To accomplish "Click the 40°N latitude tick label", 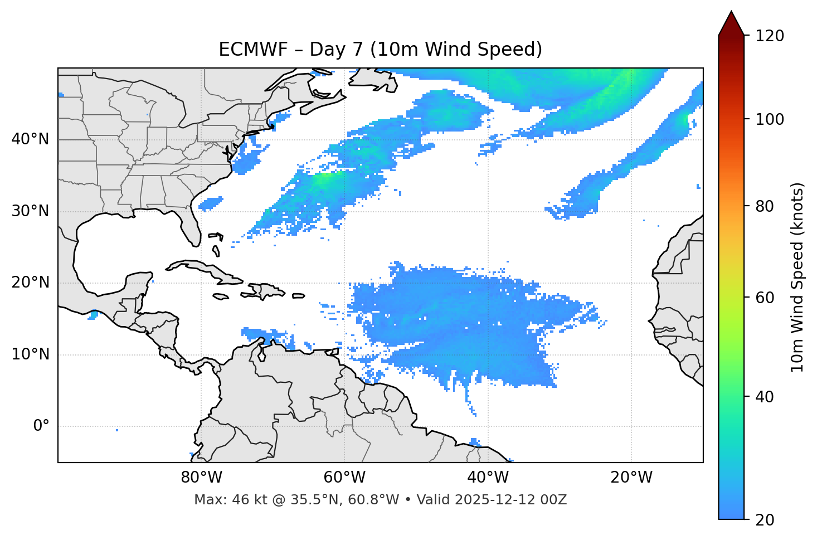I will [30, 139].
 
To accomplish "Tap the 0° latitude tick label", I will [41, 426].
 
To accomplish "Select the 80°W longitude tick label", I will [201, 478].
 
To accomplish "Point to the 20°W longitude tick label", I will [631, 478].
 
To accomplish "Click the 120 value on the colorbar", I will [770, 36].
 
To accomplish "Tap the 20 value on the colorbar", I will [765, 520].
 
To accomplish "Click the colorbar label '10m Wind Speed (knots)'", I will [797, 277].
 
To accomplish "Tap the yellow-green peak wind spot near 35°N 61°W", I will [322, 179].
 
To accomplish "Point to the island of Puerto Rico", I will [298, 296].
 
